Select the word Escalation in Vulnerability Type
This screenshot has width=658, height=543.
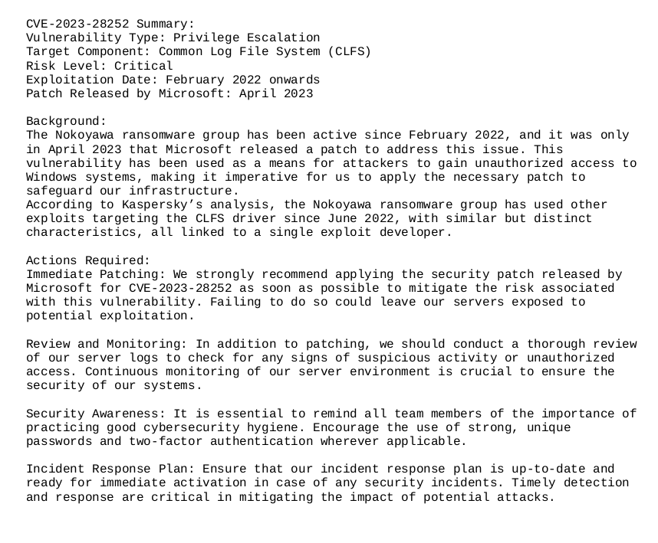283,38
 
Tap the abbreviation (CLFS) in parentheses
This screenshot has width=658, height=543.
349,51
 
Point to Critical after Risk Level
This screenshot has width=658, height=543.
143,66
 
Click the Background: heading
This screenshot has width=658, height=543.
67,121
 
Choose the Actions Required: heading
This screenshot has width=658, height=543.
88,260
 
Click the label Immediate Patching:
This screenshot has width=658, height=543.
96,274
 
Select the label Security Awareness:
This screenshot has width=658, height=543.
96,414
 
